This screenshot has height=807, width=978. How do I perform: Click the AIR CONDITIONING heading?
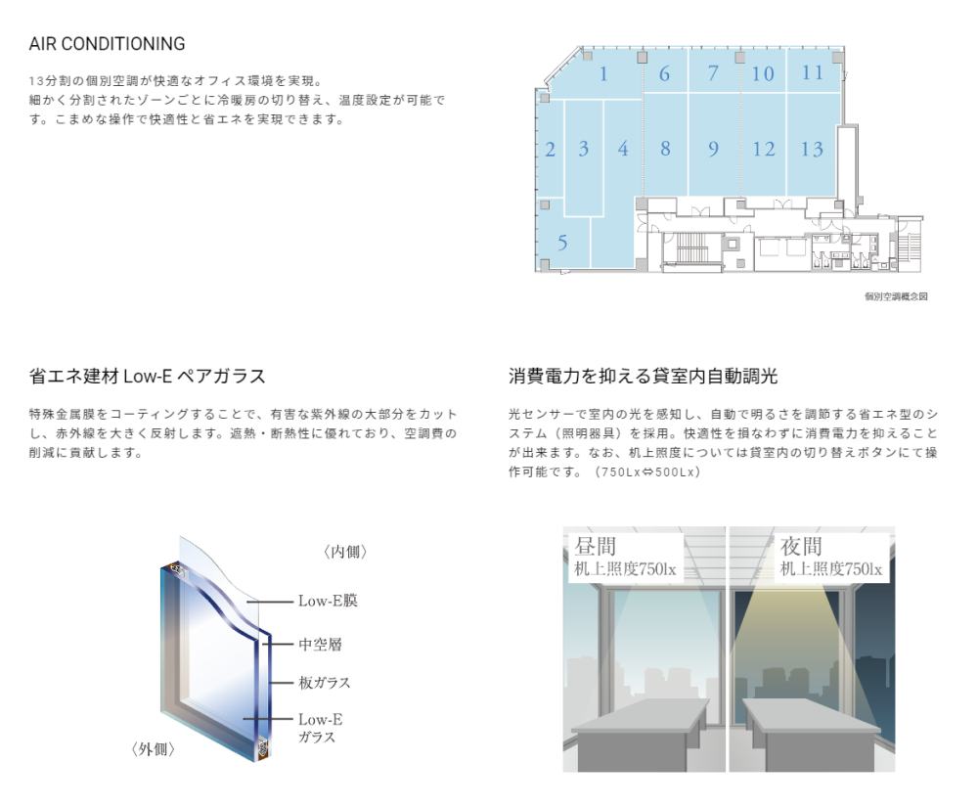point(107,44)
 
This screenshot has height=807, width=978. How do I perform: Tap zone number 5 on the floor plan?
point(562,242)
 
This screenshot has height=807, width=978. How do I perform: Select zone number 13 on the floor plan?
point(812,149)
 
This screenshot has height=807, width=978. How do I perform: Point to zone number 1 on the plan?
point(603,74)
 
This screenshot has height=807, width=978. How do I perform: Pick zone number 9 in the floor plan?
point(714,149)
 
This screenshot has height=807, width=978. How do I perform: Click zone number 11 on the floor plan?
point(813,73)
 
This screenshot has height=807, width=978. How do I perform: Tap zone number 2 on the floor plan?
point(550,150)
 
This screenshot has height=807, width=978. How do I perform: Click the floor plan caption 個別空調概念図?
point(896,296)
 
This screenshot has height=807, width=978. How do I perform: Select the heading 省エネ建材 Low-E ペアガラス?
point(148,376)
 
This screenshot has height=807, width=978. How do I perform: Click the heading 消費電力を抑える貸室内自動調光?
point(644,376)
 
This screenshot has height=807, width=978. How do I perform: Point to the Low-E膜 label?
point(328,601)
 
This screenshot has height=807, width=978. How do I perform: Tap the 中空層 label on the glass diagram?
point(320,645)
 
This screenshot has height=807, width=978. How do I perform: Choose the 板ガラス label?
point(325,682)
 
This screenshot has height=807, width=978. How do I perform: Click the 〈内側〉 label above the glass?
point(345,552)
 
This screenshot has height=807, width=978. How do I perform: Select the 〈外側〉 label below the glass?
point(153,749)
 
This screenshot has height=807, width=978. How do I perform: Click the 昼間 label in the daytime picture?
point(596,547)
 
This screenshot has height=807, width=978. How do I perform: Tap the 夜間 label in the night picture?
point(802,547)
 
